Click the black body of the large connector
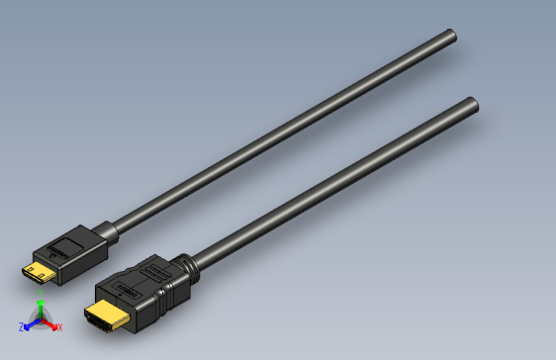point(139,292)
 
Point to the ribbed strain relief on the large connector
point(183,270)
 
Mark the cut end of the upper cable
point(451,37)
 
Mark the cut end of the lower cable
point(472,104)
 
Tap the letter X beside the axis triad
point(59,327)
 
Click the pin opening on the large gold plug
point(100,320)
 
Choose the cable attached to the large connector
point(326,188)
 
